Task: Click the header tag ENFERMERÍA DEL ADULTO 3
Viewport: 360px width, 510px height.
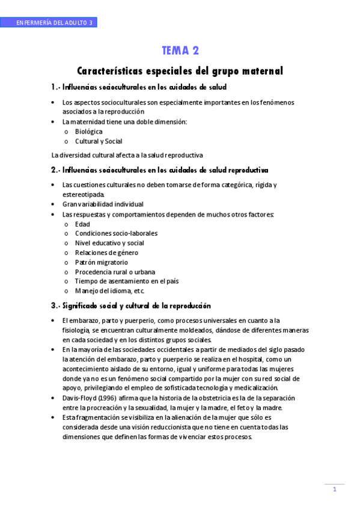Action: pos(55,23)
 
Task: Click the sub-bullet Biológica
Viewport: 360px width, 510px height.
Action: pos(89,131)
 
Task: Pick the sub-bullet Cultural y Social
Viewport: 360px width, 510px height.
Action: pos(99,141)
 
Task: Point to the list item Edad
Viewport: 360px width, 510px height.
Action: pos(82,224)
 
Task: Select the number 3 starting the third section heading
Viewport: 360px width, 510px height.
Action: pos(54,306)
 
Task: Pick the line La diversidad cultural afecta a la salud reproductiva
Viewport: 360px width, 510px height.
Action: pos(127,155)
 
